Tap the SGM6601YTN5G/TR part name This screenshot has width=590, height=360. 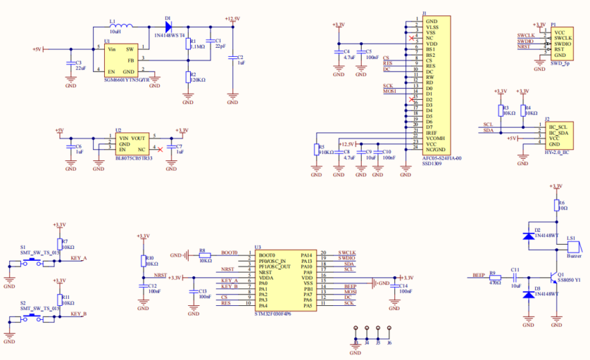coord(126,80)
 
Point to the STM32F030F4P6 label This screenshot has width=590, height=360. coord(273,314)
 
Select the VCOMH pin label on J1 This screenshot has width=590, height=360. coord(435,137)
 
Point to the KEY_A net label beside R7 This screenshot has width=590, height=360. coord(79,258)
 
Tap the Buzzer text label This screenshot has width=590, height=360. coord(573,255)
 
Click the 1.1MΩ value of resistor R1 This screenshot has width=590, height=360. coord(197,46)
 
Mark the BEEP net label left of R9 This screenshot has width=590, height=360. coord(478,275)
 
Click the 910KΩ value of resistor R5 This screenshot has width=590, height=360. coord(326,151)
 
